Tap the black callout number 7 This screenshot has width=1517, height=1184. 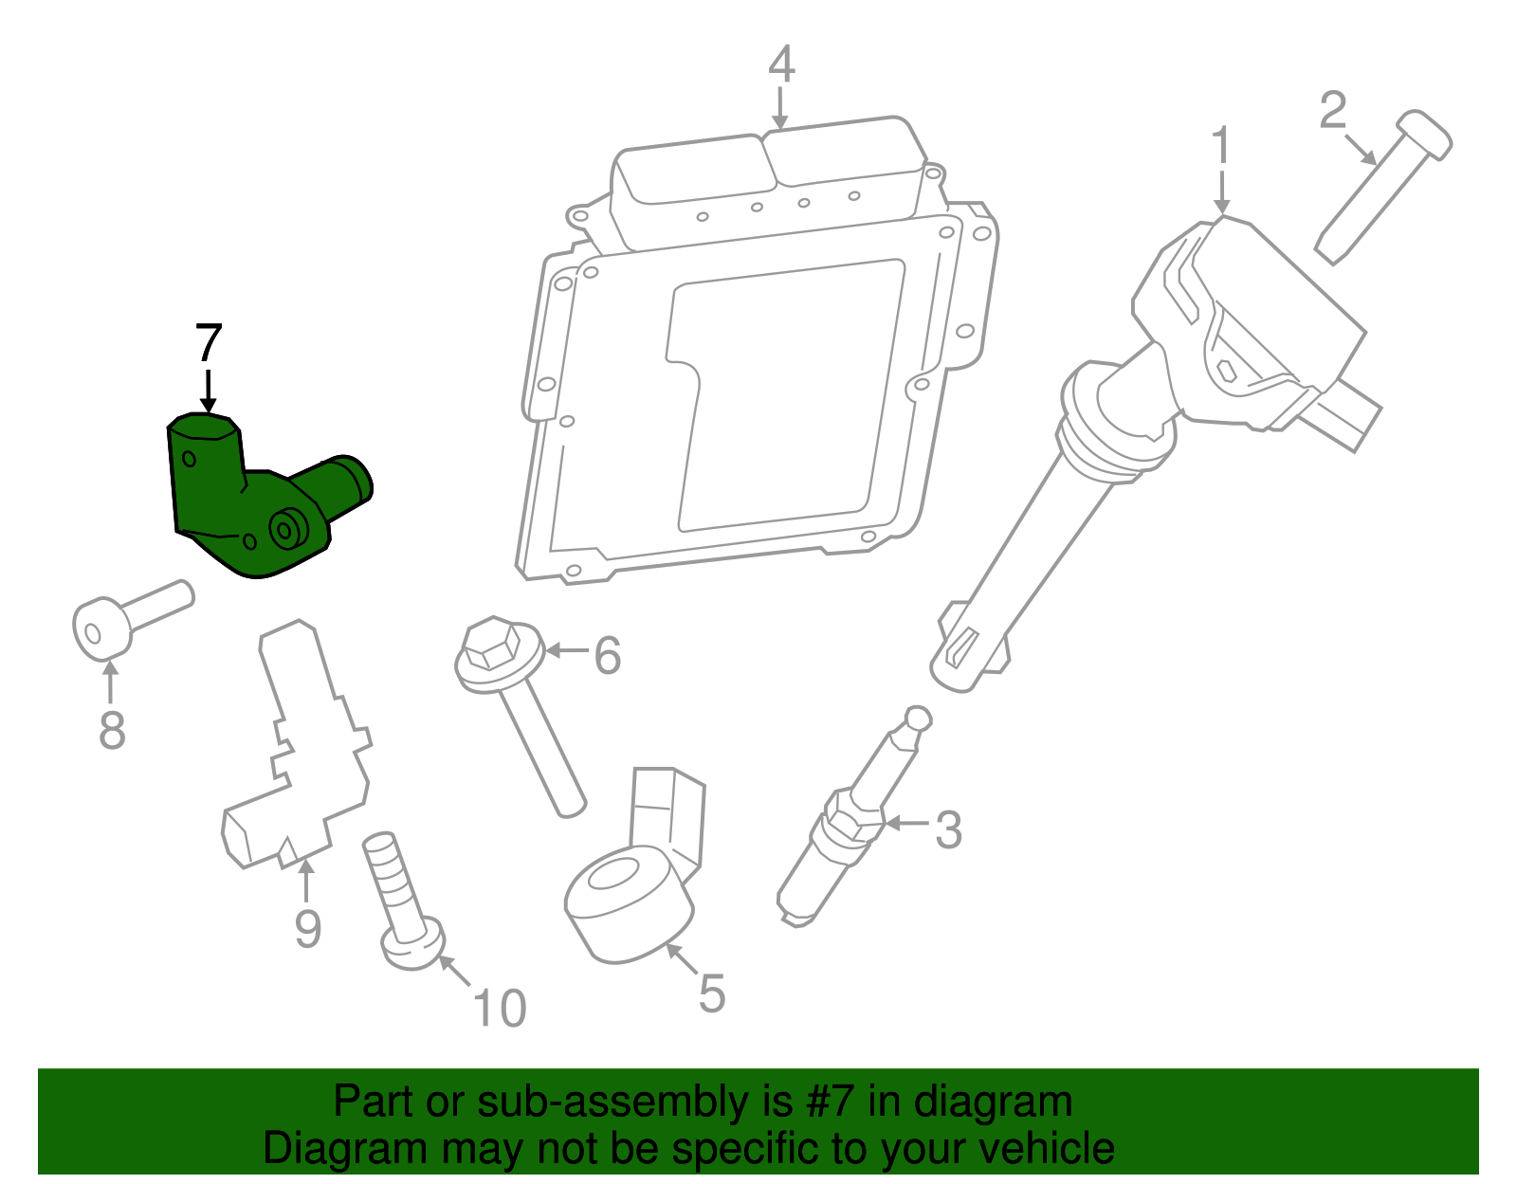(209, 343)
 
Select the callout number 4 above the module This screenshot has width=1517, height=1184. (780, 64)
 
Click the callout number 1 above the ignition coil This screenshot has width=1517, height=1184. (1221, 147)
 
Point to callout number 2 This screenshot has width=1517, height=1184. (1333, 111)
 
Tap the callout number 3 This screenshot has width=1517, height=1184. (948, 829)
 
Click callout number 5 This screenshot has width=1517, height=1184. (711, 994)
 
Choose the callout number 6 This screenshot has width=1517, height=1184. (607, 656)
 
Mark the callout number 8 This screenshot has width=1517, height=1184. (112, 731)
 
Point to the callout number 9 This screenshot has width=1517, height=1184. (307, 928)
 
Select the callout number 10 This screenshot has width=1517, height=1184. (500, 1009)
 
